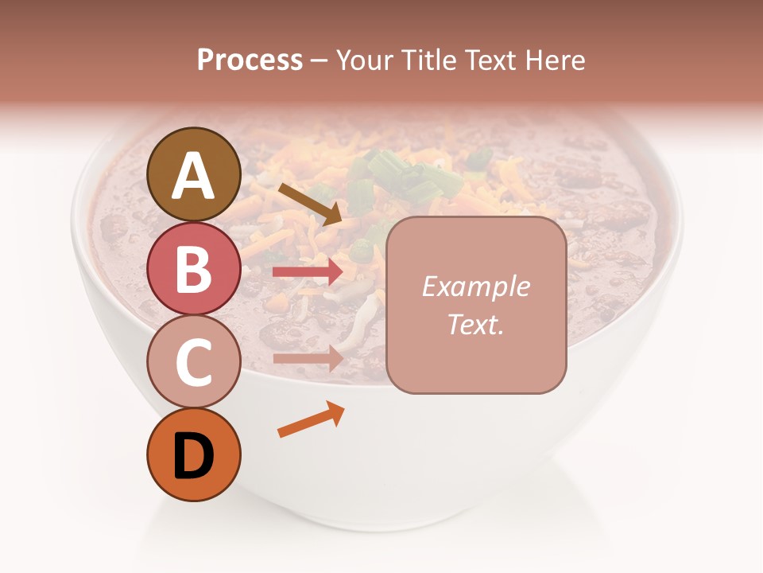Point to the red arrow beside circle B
pos(308,272)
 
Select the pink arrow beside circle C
pos(308,358)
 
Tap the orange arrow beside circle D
pos(311,419)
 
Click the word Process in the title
pos(250,60)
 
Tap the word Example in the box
pos(476,286)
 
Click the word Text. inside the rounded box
pos(476,324)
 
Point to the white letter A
pos(193,175)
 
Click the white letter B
pos(193,269)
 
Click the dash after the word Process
pos(319,61)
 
